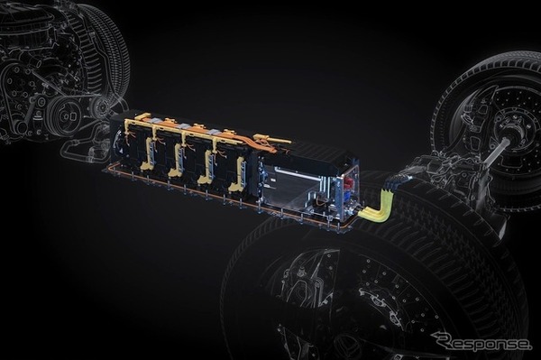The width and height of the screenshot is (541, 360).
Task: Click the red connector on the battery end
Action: coord(347,184)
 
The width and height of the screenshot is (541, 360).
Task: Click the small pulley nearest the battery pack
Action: coord(101,105)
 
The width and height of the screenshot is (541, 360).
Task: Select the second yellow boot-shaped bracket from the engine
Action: coord(175,161)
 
